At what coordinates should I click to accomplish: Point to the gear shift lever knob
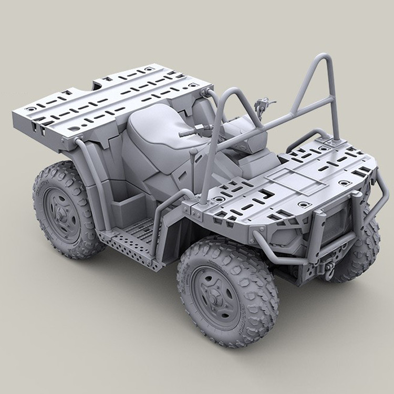(x=194, y=152)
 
